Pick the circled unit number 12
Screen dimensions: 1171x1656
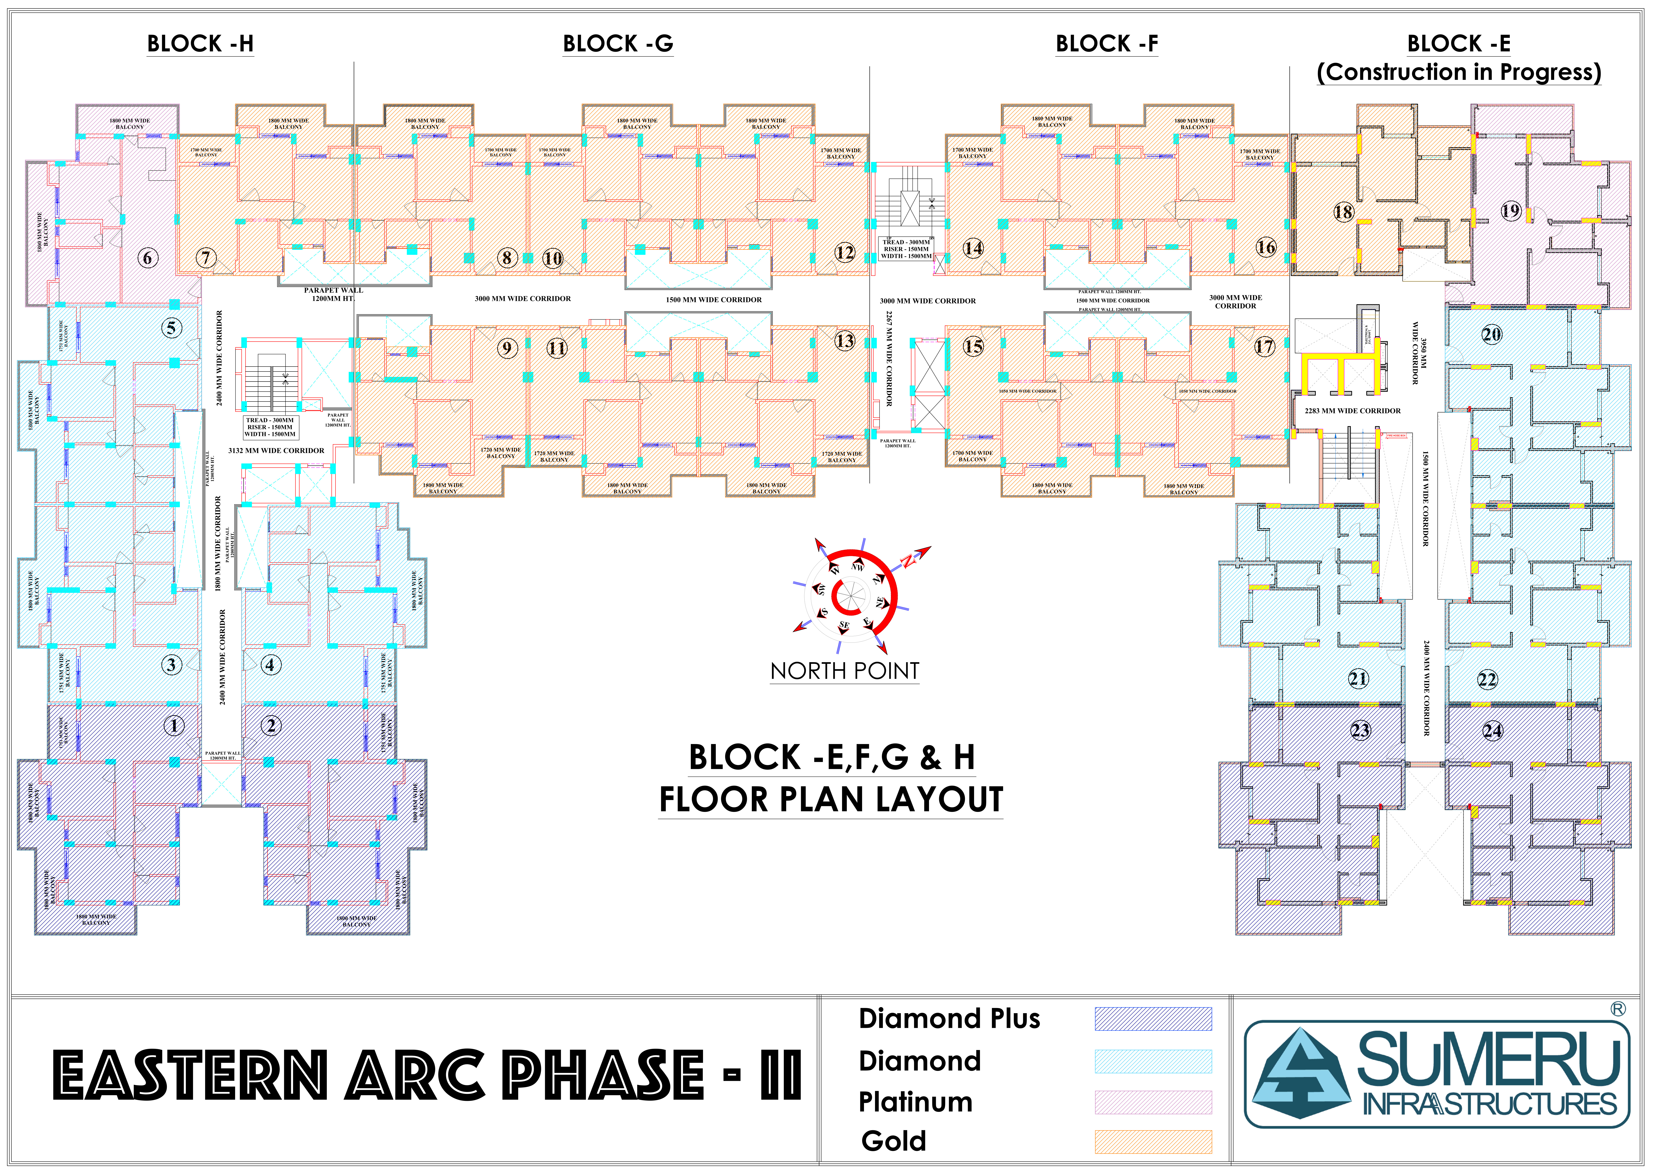pos(845,252)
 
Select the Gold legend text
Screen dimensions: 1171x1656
pos(894,1141)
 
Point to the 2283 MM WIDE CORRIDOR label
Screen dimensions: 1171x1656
pos(1352,411)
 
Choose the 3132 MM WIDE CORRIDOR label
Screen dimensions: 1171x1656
pos(276,451)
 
